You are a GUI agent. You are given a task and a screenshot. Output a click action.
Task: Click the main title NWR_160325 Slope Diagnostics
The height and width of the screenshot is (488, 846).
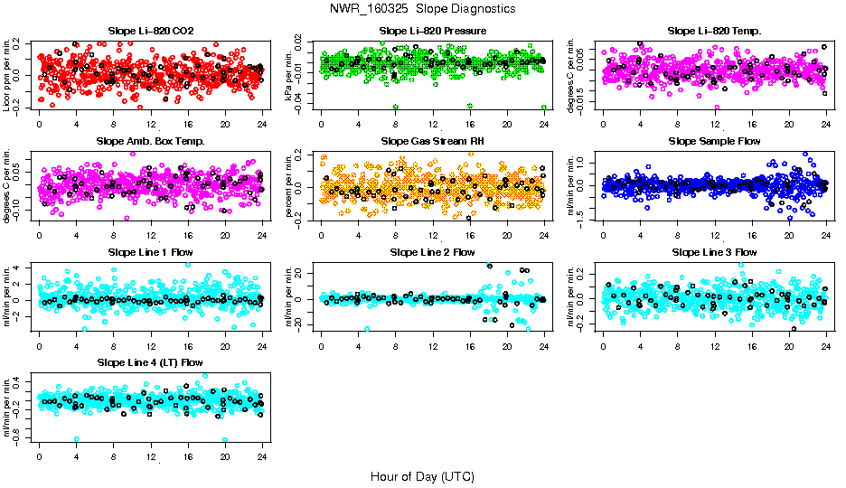pyautogui.click(x=423, y=8)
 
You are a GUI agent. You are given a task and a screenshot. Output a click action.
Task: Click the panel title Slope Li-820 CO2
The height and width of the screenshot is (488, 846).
pyautogui.click(x=150, y=31)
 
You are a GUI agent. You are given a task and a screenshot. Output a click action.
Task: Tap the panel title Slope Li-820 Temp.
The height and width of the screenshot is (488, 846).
pyautogui.click(x=714, y=31)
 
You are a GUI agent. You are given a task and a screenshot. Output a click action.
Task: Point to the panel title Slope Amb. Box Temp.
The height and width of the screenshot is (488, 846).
pyautogui.click(x=150, y=141)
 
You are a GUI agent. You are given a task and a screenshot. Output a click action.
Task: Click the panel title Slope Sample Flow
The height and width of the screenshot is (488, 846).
pyautogui.click(x=714, y=141)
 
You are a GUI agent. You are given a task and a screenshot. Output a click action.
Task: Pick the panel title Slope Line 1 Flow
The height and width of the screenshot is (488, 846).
pyautogui.click(x=150, y=251)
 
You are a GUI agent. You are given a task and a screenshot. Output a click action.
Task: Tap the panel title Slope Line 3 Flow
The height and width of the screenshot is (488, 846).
pyautogui.click(x=714, y=251)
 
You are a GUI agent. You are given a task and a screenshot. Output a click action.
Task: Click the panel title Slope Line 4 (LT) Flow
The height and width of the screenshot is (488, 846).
pyautogui.click(x=150, y=362)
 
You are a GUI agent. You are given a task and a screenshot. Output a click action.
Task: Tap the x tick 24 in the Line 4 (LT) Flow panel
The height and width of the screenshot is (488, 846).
pyautogui.click(x=262, y=457)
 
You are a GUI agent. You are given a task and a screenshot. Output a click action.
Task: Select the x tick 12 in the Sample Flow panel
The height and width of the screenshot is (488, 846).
pyautogui.click(x=714, y=235)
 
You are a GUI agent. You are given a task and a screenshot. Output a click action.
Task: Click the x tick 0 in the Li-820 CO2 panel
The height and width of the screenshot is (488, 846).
pyautogui.click(x=39, y=125)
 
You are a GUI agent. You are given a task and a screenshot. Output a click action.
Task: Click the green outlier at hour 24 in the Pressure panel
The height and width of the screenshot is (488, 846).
pyautogui.click(x=543, y=107)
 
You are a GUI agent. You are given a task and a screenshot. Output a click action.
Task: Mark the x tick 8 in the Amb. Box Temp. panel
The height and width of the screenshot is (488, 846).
pyautogui.click(x=113, y=235)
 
